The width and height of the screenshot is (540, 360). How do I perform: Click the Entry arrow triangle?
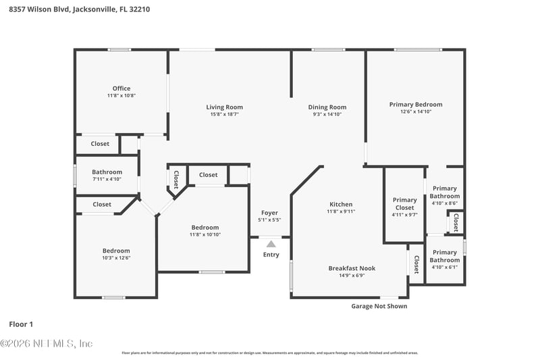271,244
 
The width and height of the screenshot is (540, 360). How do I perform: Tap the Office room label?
122,88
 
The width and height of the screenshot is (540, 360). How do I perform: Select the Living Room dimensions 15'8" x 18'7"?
225,115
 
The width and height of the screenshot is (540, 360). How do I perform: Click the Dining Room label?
327,107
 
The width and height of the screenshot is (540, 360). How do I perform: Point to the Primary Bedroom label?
416,104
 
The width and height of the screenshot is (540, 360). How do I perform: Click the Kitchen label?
341,204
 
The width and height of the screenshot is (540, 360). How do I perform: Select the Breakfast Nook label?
352,268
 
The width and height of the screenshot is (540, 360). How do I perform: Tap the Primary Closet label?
405,203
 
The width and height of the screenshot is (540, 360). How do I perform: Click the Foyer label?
269,213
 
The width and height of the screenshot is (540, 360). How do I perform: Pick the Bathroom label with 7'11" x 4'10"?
107,172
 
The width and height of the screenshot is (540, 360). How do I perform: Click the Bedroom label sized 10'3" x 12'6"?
116,251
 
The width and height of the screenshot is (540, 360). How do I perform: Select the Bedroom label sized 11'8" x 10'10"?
205,228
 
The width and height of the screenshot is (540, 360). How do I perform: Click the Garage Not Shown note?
379,306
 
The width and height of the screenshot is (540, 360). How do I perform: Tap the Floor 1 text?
21,324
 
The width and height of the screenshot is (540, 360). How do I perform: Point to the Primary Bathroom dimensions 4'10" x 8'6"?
445,203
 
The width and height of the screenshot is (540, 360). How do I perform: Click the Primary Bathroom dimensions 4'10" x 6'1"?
445,267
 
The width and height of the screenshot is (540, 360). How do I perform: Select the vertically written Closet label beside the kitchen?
416,264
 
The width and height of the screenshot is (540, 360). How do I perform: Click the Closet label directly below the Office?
100,144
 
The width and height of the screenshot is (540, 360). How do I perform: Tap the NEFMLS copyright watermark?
47,344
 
